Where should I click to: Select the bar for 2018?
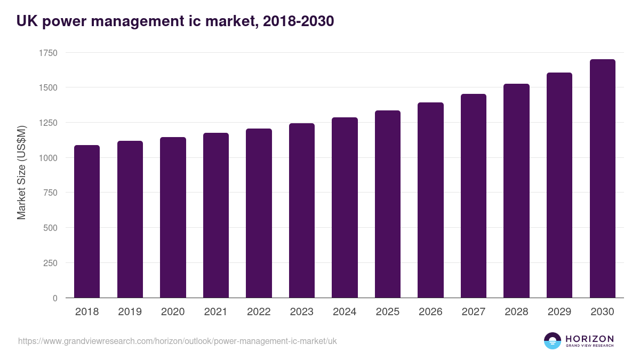point(87,221)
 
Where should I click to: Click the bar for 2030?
point(602,179)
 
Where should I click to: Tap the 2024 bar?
point(345,207)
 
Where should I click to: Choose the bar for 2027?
point(474,196)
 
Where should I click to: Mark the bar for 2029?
point(559,185)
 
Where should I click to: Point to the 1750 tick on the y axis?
point(48,53)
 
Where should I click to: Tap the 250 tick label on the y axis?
point(50,263)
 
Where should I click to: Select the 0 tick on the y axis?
point(55,298)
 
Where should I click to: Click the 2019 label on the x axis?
point(130,312)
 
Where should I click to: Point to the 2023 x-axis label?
point(302,312)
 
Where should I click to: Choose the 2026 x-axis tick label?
point(430,312)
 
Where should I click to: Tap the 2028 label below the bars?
point(516,312)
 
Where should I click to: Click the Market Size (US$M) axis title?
point(21,172)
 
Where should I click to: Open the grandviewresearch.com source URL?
point(178,341)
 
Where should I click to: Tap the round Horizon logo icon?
point(552,341)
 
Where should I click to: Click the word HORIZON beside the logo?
point(589,338)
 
